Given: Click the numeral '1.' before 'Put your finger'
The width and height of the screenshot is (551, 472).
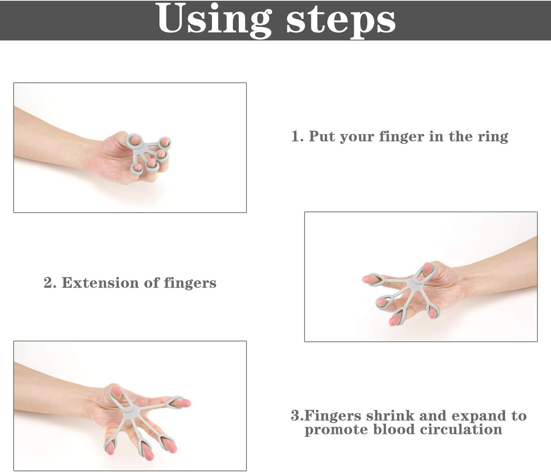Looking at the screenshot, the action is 297,136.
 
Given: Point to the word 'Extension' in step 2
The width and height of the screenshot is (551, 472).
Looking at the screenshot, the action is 101,283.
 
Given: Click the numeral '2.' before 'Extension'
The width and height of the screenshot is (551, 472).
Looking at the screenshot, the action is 50,283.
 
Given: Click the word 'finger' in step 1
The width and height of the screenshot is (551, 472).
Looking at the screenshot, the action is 401,137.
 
